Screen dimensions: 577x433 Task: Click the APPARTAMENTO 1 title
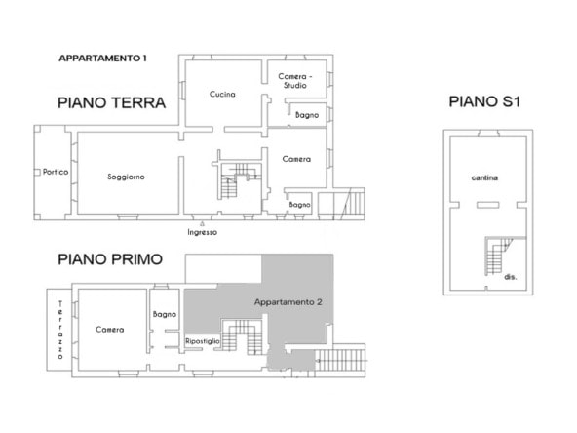(102, 59)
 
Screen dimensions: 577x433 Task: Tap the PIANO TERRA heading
(111, 102)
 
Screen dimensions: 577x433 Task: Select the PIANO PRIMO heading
(110, 259)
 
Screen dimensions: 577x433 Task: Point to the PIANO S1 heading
(484, 101)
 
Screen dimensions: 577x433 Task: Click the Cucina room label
(222, 95)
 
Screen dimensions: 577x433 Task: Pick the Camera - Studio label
(294, 81)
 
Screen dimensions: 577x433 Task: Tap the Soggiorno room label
(126, 177)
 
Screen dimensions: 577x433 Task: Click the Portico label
(56, 172)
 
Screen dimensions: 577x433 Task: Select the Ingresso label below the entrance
(202, 232)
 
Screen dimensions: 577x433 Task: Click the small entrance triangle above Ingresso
(202, 223)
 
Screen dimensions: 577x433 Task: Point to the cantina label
(484, 177)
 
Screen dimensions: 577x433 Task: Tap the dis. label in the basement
(511, 277)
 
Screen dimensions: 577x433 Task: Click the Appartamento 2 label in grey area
(288, 302)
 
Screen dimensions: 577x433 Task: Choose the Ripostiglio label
(203, 341)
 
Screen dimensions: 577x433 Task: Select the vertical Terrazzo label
(60, 330)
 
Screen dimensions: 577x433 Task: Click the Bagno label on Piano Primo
(165, 314)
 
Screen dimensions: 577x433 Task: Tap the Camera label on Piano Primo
(110, 330)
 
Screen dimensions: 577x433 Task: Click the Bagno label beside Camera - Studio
(307, 115)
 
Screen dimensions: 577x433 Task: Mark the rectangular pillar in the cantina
(488, 205)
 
